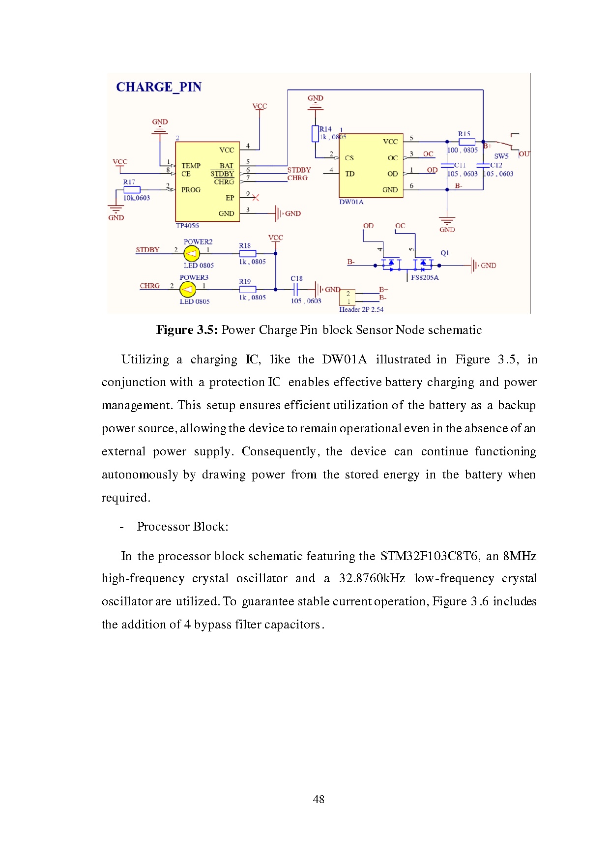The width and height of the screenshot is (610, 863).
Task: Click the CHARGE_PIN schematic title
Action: click(x=158, y=87)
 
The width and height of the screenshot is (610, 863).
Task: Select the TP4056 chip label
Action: click(x=187, y=226)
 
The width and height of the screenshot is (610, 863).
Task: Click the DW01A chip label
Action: click(x=351, y=202)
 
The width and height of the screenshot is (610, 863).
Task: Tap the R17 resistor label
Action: click(x=129, y=182)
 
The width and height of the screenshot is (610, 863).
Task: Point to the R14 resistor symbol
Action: click(x=315, y=134)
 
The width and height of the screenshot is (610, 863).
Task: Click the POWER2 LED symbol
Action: click(x=191, y=254)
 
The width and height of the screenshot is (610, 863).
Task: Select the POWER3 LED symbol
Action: click(x=187, y=290)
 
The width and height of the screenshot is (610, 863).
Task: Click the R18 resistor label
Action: click(x=245, y=246)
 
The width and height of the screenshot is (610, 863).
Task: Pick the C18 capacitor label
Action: click(x=296, y=278)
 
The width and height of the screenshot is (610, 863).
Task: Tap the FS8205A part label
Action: click(x=425, y=277)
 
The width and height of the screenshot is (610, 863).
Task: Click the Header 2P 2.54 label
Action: click(x=361, y=309)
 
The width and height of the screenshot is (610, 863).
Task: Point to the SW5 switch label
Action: click(x=501, y=156)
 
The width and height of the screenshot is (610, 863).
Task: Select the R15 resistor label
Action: click(x=464, y=134)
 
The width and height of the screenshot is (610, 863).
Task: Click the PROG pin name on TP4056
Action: click(x=191, y=190)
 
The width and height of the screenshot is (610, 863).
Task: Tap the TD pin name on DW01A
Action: click(x=349, y=174)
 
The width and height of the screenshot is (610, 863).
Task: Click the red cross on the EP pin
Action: click(x=255, y=198)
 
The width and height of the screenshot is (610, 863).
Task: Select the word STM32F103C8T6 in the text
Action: click(x=429, y=556)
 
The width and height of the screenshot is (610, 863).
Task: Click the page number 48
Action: click(x=318, y=799)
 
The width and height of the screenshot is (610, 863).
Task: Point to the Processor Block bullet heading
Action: click(x=182, y=527)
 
